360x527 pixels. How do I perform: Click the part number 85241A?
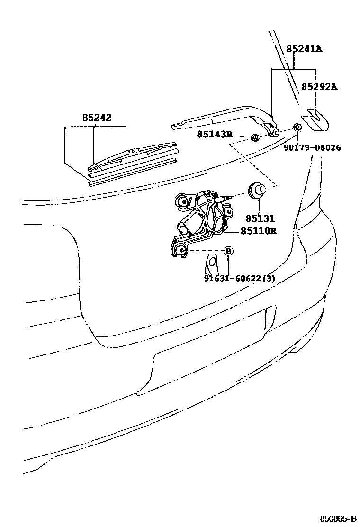point(304,49)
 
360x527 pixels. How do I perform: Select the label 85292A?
point(319,87)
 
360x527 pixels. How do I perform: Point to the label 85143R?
point(215,135)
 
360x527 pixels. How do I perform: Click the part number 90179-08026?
point(312,148)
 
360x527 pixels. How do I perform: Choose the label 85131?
point(260,219)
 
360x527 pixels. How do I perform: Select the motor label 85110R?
point(259,231)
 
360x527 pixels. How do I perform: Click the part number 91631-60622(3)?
point(240,278)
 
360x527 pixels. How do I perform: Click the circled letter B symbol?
point(228,251)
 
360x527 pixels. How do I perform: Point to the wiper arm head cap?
point(316,119)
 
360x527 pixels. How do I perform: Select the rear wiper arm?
point(223,119)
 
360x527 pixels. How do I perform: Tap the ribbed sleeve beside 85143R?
point(255,138)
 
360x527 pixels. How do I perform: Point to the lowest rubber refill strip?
point(133,172)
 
